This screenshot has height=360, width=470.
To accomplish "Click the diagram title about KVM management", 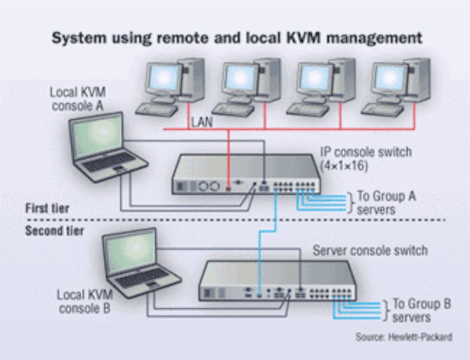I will [236, 38].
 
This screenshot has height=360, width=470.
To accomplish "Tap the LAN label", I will [201, 122].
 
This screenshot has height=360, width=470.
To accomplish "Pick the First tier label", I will [47, 209].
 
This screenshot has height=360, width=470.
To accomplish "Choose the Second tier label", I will [54, 231].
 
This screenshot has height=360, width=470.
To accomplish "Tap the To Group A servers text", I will [386, 203].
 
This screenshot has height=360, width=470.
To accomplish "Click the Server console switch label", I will [370, 251].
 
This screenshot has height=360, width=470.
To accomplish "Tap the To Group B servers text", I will [421, 310].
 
